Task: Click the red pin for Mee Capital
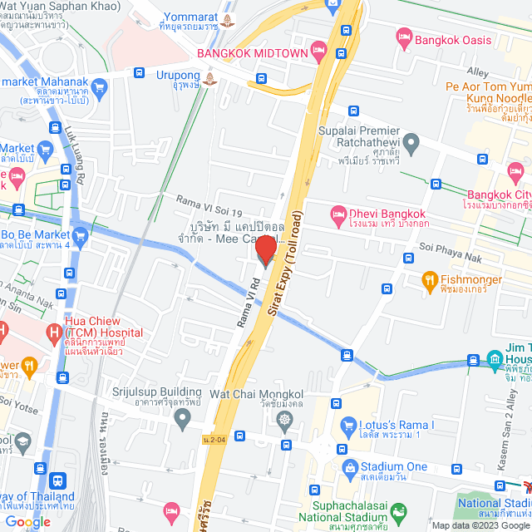click(265, 249)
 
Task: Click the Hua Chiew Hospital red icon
click(54, 334)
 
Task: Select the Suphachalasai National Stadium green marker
click(400, 511)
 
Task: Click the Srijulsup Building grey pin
click(183, 421)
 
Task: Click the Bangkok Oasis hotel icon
click(404, 37)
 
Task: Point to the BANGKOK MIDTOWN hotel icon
click(318, 53)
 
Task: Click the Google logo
click(27, 521)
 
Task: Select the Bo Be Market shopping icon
click(81, 236)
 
